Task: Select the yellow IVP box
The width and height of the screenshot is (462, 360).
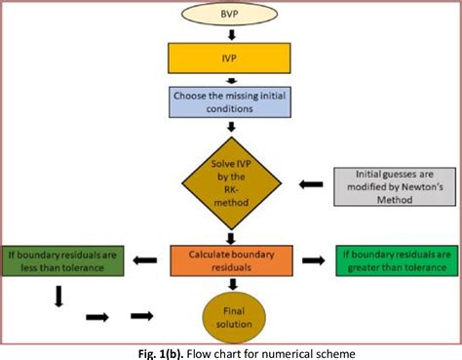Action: point(230,60)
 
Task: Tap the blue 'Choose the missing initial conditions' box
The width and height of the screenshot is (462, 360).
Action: point(230,103)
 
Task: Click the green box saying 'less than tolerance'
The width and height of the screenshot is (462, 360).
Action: point(60,260)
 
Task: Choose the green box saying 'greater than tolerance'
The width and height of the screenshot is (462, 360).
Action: point(395,260)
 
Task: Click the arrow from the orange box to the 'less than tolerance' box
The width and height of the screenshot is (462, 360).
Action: point(144,260)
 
